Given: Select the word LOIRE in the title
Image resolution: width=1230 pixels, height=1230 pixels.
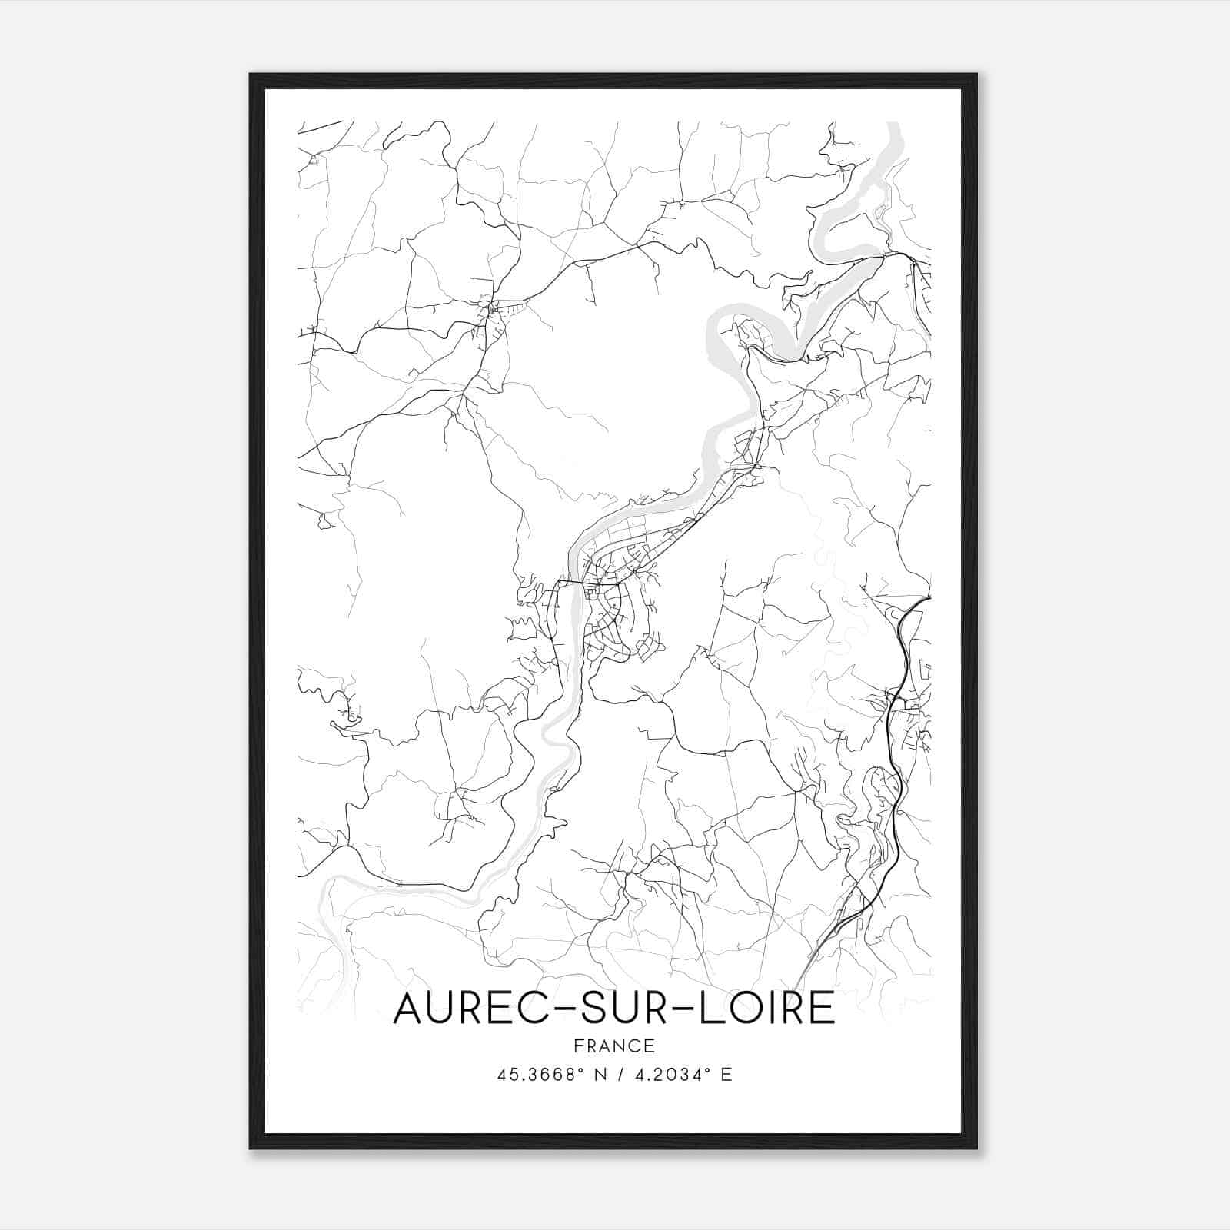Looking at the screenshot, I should click(770, 1008).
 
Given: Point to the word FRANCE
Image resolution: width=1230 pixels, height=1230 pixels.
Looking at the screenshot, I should click(613, 1045).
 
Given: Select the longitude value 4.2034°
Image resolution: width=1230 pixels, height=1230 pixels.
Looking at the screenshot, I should click(669, 1075).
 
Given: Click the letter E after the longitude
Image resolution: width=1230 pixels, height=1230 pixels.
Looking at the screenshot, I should click(726, 1075).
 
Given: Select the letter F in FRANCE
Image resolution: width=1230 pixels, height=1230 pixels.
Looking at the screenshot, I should click(578, 1045).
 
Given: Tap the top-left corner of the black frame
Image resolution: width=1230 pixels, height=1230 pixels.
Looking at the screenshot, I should click(251, 75).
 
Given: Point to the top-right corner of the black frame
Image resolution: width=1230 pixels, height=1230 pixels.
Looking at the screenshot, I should click(976, 75).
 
